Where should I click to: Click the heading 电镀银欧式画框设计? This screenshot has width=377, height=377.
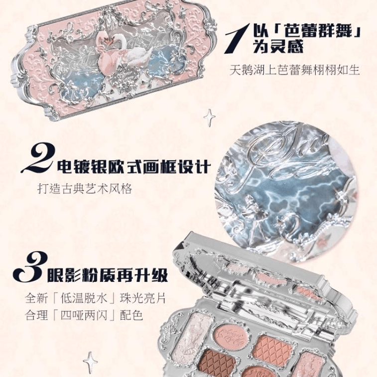pos(133,166)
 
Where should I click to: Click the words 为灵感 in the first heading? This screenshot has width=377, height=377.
pos(278,46)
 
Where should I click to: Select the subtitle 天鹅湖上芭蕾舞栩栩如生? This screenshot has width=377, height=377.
pos(294,70)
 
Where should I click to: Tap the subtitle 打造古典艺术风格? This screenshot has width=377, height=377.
pos(85,188)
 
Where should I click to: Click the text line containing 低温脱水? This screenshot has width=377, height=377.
pos(96,299)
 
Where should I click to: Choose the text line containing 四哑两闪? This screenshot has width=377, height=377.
pos(84,315)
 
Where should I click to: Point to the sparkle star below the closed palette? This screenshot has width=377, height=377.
pos(209,118)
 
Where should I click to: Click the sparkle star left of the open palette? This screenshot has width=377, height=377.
pos(91,363)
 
